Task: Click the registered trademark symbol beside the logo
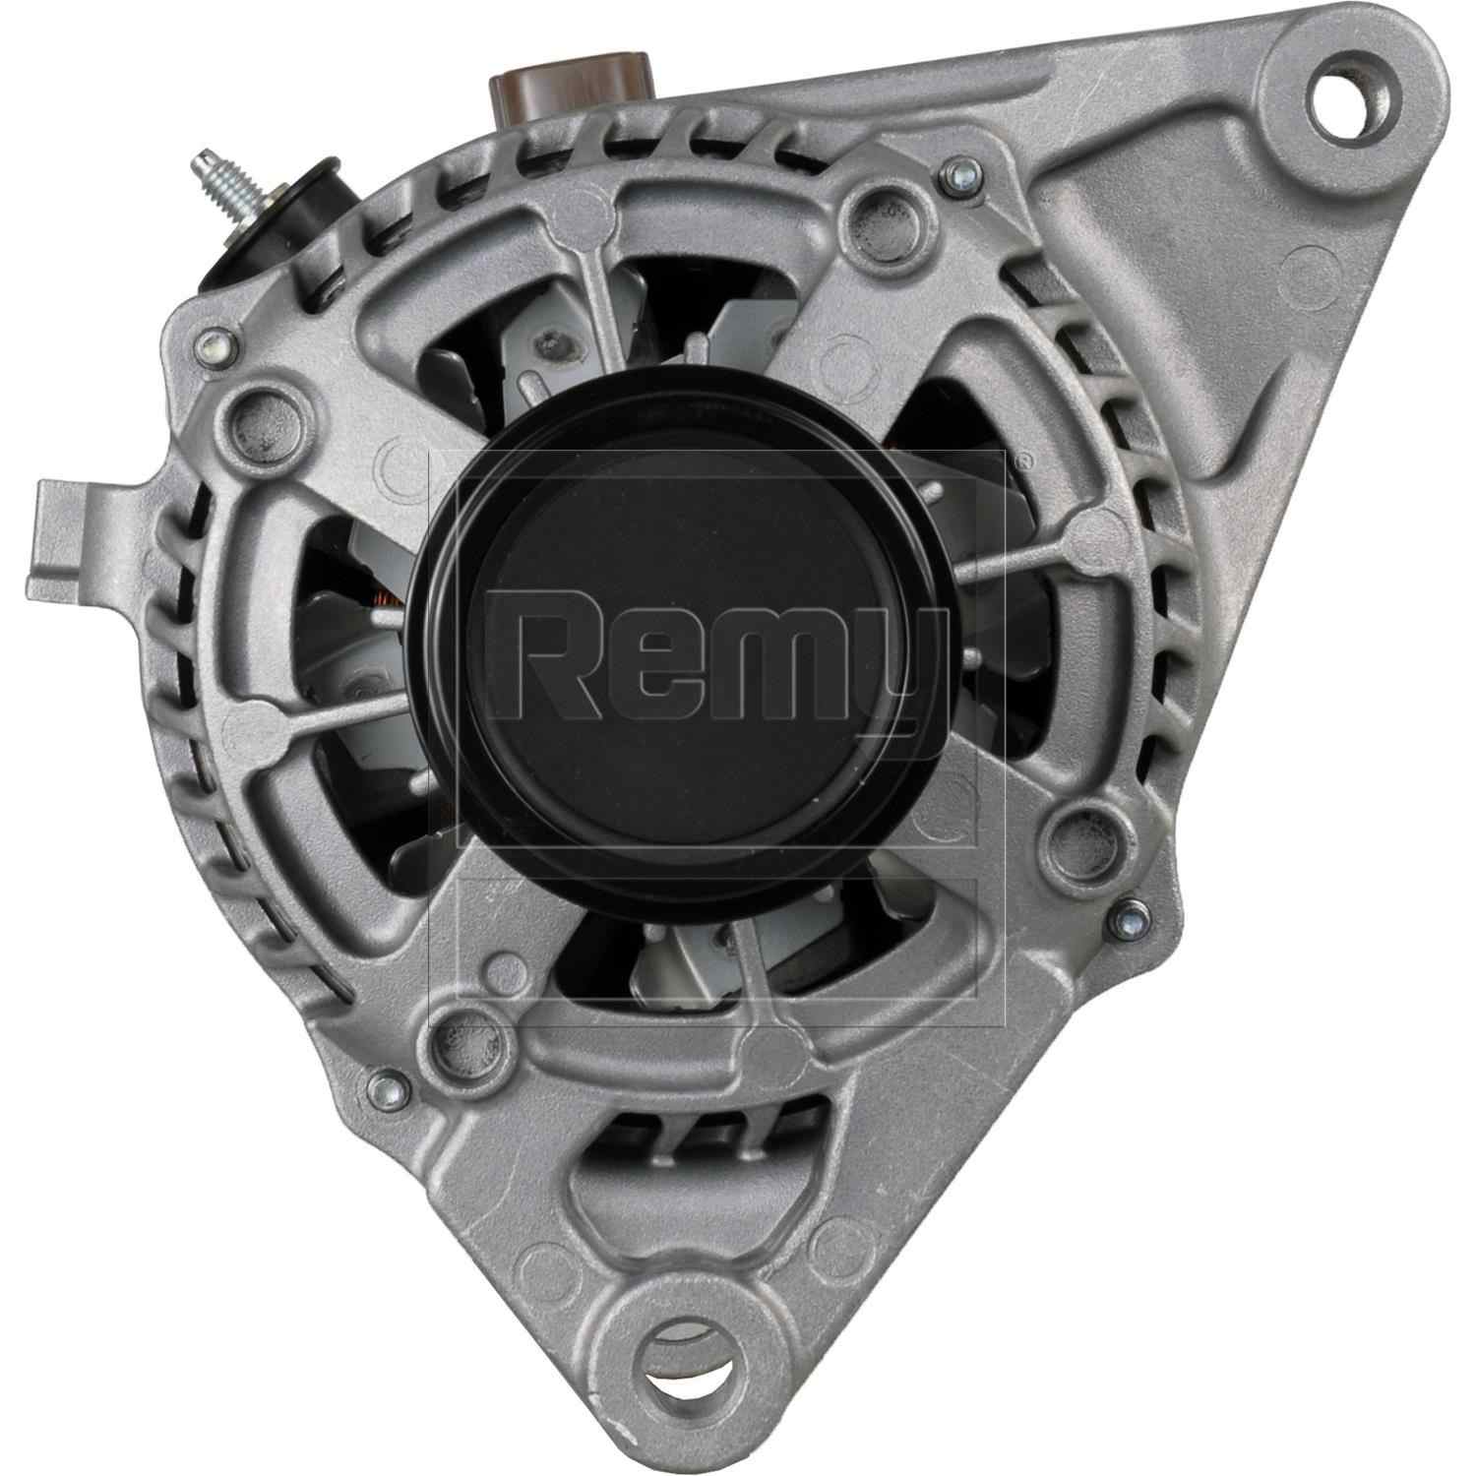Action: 1023,461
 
